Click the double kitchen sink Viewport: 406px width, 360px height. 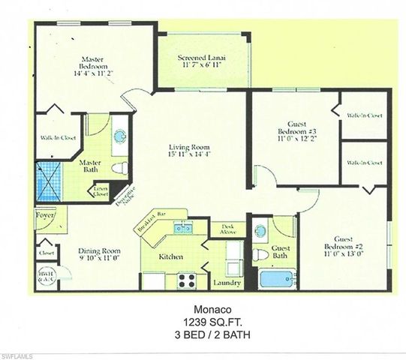pyautogui.click(x=182, y=227)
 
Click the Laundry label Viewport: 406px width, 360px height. pyautogui.click(x=227, y=282)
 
